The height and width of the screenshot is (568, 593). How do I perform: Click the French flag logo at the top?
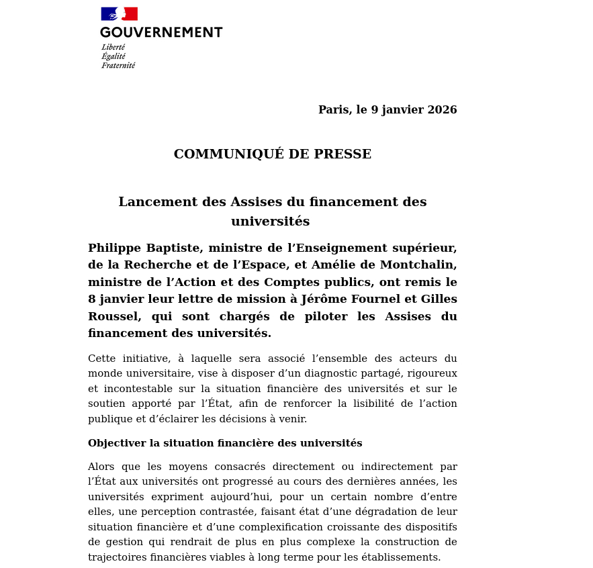coord(119,13)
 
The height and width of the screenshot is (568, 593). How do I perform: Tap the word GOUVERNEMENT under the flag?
coord(161,32)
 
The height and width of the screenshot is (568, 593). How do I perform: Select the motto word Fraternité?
coord(118,66)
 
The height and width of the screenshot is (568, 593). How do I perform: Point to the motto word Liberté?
coord(113,48)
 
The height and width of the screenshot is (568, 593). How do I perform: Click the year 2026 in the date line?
coord(442,110)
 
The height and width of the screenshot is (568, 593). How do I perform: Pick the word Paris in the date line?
coord(334,110)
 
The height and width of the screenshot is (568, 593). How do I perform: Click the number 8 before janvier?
coord(91,299)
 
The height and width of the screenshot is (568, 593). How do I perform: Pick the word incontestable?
coord(136,389)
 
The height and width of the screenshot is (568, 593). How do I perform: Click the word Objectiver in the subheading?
coord(113,444)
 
